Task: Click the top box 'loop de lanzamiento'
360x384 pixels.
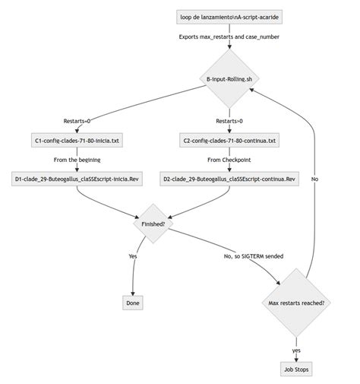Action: (x=229, y=16)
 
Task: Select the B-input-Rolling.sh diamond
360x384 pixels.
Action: (x=229, y=79)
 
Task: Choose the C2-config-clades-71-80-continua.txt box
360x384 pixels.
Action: (x=229, y=141)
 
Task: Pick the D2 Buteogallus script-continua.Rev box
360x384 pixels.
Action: (x=229, y=179)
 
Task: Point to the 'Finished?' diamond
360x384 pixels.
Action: (x=154, y=224)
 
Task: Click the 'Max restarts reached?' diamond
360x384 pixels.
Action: (x=296, y=302)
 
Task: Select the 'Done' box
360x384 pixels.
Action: (x=134, y=303)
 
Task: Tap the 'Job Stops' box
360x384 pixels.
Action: (x=296, y=369)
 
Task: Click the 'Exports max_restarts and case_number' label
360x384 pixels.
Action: (x=229, y=36)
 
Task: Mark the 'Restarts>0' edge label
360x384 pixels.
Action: (x=229, y=121)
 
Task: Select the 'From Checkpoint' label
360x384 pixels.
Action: (x=229, y=160)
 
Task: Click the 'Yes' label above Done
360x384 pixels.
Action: (x=134, y=256)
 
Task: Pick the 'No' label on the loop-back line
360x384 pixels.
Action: (x=314, y=179)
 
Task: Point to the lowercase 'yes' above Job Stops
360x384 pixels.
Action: (x=296, y=350)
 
